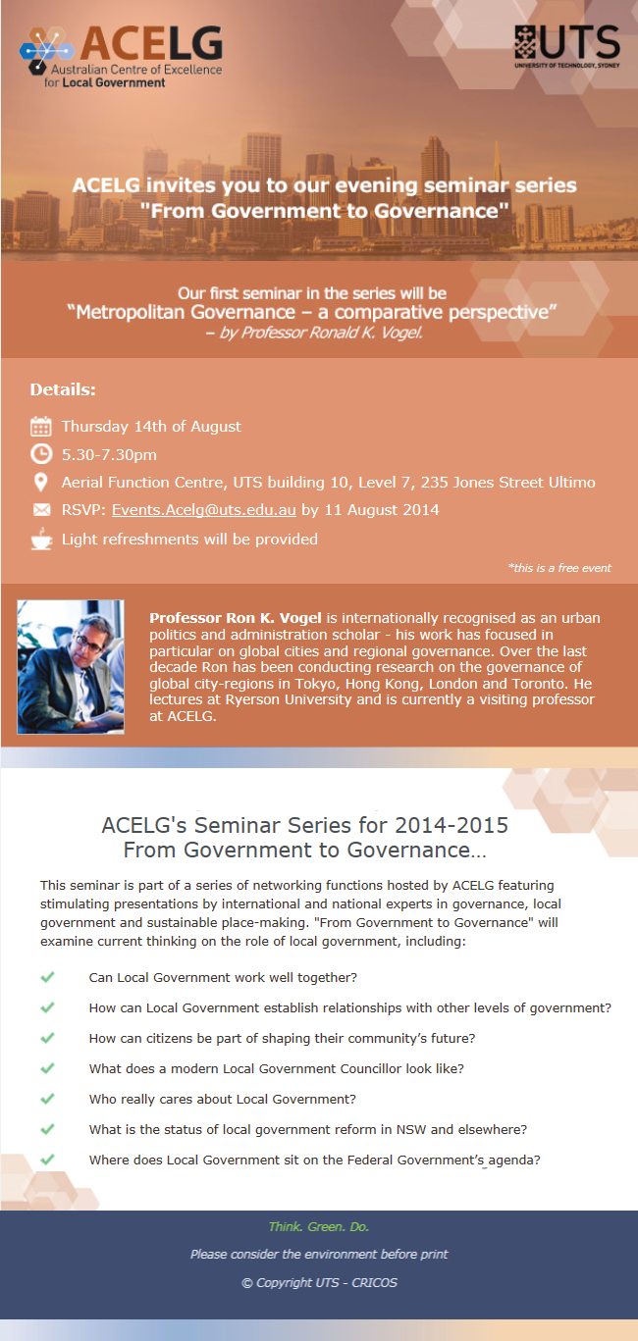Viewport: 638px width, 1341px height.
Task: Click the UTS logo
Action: pos(566,46)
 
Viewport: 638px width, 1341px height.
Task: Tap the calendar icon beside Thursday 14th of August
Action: pos(41,427)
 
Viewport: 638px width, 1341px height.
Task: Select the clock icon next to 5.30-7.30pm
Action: pos(41,454)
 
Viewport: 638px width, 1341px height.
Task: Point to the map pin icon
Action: pos(41,483)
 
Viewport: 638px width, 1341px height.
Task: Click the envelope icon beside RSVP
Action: pos(41,510)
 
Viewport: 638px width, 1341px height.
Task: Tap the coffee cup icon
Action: pos(41,539)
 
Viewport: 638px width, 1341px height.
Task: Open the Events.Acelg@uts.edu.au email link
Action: pos(204,510)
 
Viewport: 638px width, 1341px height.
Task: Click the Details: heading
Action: pos(63,389)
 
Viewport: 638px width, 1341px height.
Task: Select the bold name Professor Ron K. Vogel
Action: pos(236,618)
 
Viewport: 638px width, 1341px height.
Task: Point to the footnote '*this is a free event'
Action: pos(558,568)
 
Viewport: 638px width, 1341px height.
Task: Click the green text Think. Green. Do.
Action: pos(319,1226)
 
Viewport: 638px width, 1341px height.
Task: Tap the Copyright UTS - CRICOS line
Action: pos(319,1283)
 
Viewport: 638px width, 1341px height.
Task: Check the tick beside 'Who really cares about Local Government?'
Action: pos(47,1099)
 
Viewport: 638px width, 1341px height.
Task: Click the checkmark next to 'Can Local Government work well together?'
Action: pos(47,977)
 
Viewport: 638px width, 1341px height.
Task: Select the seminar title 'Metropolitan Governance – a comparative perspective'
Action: pos(312,312)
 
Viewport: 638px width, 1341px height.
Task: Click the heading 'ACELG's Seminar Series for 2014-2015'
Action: pos(305,825)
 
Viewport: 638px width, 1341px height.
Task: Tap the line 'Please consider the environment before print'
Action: pos(319,1254)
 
